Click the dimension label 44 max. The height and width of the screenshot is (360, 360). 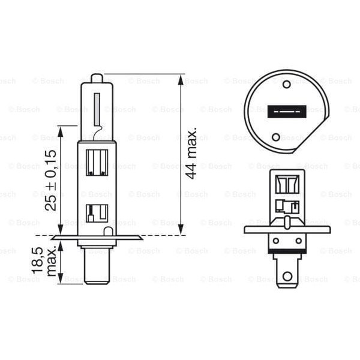point(191,154)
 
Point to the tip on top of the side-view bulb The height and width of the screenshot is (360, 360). point(97,78)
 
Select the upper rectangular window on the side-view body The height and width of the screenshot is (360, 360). point(97,161)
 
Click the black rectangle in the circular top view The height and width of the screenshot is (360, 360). point(287,110)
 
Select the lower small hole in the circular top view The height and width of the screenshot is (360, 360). point(275,137)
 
